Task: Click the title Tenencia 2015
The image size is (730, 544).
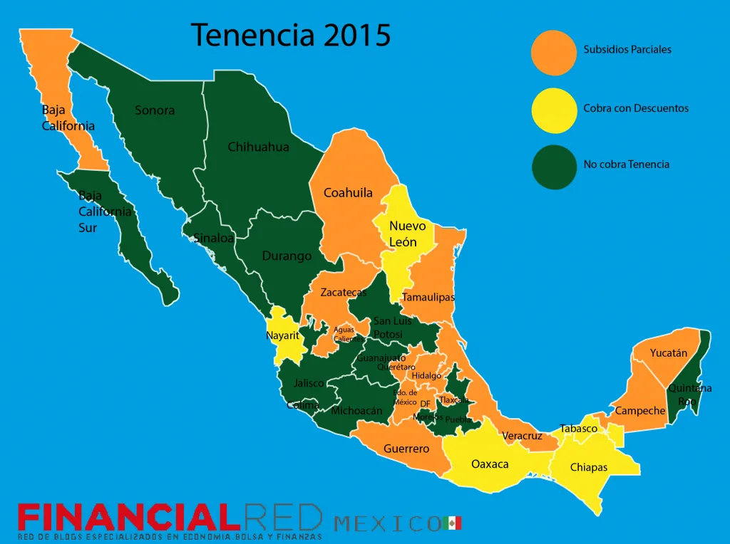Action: (x=291, y=34)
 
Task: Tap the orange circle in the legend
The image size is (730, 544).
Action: (x=554, y=53)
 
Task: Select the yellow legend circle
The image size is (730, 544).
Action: (x=554, y=110)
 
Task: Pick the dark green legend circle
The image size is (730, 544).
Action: (x=554, y=167)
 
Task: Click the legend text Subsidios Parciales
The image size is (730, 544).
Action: (x=627, y=50)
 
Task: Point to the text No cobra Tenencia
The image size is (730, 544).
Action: (x=627, y=164)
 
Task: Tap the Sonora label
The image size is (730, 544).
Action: (x=155, y=110)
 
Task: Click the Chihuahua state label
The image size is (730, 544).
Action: (x=258, y=147)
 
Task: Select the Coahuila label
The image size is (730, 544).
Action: (x=348, y=193)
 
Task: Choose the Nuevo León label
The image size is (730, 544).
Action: (x=407, y=234)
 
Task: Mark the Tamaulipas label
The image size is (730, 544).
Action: (x=428, y=297)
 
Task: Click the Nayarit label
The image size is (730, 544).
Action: (x=282, y=335)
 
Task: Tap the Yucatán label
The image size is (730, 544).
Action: (x=669, y=353)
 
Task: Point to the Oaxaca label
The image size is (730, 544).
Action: (x=490, y=464)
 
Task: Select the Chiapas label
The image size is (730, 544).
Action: (x=589, y=468)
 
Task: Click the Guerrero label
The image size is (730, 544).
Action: (x=406, y=449)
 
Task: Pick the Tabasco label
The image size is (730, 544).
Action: (x=579, y=429)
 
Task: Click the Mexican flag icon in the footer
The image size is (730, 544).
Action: (x=452, y=523)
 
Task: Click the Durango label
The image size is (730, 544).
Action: (x=287, y=256)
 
